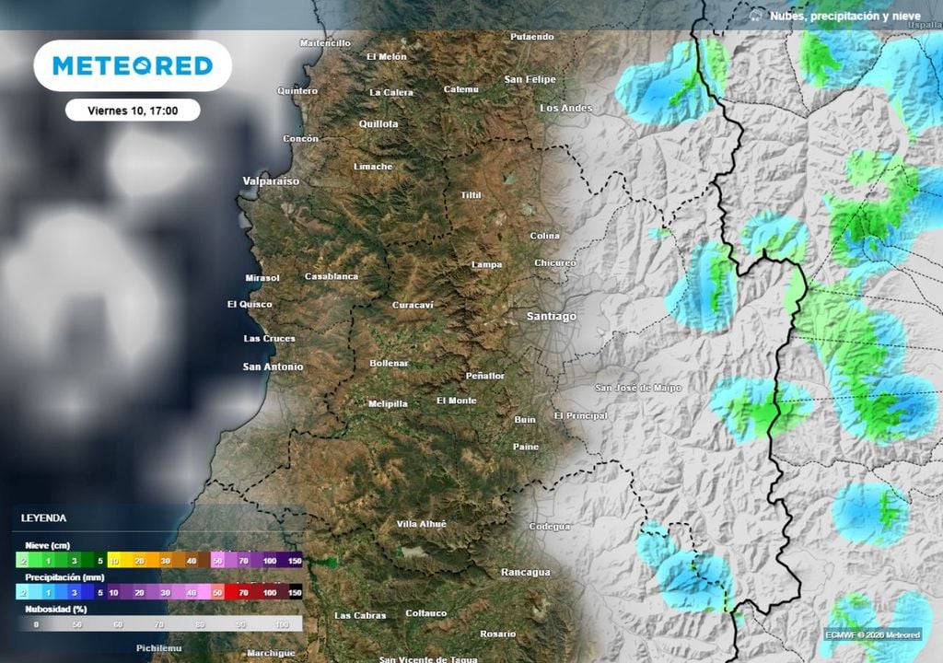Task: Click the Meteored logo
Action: tap(133, 65)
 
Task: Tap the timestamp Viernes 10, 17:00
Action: tap(133, 110)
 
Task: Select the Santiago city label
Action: tap(551, 316)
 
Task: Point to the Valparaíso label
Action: tap(271, 181)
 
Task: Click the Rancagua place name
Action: tap(525, 572)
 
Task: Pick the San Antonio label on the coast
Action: tap(273, 366)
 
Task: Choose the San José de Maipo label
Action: tap(638, 388)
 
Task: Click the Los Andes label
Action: tap(566, 108)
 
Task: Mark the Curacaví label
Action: tap(413, 305)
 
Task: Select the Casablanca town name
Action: tap(332, 276)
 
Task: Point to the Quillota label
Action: tap(378, 123)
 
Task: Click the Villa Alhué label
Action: tap(421, 524)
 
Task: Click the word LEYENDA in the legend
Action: tap(43, 518)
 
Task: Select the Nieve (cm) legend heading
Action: tap(48, 545)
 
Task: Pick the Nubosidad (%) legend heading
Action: tap(56, 609)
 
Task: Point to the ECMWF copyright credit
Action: tap(871, 634)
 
